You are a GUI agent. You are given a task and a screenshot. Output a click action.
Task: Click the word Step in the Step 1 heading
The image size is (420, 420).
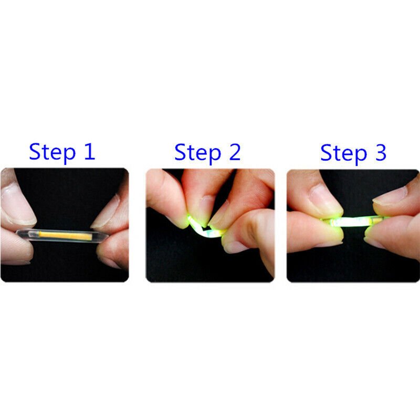(x=52, y=152)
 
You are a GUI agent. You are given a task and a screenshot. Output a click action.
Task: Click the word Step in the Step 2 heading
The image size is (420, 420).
(x=198, y=152)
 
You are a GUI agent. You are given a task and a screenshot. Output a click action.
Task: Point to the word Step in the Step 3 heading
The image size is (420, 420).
(x=344, y=153)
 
